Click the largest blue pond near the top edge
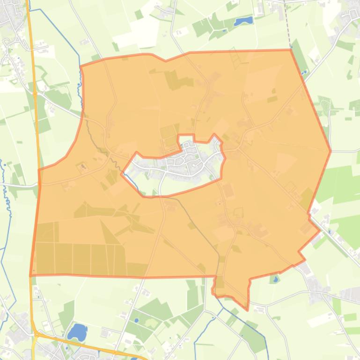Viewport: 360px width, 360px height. coord(243,21)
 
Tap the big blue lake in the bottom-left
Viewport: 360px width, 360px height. coord(77,331)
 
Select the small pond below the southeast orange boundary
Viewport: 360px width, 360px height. coord(275,280)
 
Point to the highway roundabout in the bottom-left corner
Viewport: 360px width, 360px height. coord(36,334)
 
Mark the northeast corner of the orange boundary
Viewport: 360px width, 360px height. coord(291,50)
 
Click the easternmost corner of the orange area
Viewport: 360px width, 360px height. coord(331,151)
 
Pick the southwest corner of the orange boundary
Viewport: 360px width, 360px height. coord(30,275)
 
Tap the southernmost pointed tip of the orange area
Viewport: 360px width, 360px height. coord(248,309)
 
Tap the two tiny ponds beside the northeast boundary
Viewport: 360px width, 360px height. coord(304,72)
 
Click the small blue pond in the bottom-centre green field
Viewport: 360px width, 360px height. coord(136,320)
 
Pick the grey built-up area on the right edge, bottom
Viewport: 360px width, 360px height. coord(349,295)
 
